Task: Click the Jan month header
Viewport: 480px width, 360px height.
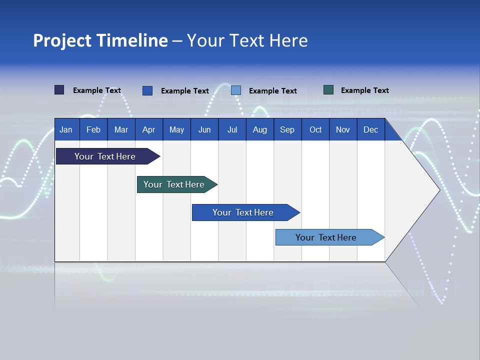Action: (66, 129)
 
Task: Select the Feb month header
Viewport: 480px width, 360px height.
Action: (93, 129)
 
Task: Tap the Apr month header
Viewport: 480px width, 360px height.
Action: (149, 129)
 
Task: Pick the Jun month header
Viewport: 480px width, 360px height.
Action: (204, 129)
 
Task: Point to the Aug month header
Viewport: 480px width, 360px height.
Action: (260, 129)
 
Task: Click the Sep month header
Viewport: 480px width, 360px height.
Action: (287, 129)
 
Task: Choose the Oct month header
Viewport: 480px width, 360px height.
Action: (315, 129)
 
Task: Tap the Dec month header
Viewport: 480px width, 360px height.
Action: (371, 129)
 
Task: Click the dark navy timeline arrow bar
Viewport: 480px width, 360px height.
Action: (105, 156)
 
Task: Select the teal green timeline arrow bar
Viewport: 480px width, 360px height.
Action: (174, 184)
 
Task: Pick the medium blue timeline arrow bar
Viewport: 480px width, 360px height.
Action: (243, 212)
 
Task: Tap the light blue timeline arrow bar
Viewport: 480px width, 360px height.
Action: (326, 237)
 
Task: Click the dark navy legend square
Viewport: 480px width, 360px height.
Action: (59, 90)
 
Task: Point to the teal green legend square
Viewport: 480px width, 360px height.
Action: (328, 90)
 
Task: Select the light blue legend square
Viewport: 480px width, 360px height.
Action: (236, 90)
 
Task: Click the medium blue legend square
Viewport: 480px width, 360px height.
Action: (147, 90)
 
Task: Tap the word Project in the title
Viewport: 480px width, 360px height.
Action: (62, 40)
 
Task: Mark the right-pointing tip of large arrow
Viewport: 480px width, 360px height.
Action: (438, 190)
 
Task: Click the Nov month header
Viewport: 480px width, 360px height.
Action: (343, 129)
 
